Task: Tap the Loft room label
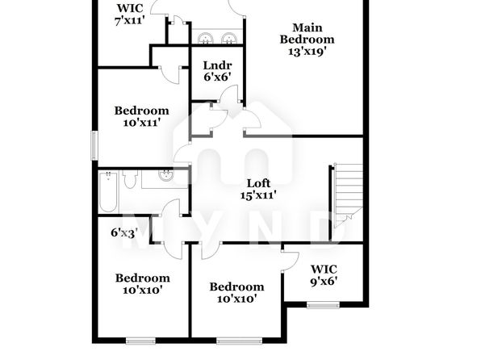(258, 183)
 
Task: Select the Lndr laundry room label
(217, 65)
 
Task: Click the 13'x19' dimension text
(307, 52)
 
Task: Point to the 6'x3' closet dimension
(124, 233)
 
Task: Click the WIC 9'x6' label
(324, 275)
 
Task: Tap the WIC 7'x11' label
(129, 15)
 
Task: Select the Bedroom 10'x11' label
(142, 116)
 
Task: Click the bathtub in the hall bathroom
(108, 192)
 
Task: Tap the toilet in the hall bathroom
(130, 179)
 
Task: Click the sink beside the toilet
(166, 175)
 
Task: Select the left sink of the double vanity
(205, 39)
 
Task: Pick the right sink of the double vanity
(228, 39)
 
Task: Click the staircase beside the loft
(348, 195)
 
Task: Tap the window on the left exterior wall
(94, 145)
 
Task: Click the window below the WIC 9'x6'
(323, 305)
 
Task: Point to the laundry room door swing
(229, 94)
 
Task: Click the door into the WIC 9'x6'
(290, 262)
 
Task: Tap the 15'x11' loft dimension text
(258, 195)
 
